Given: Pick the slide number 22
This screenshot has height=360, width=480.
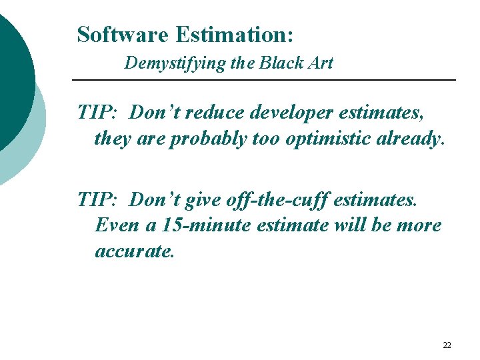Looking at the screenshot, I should click(x=447, y=345).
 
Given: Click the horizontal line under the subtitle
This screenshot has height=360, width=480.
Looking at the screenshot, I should click(x=263, y=81).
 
